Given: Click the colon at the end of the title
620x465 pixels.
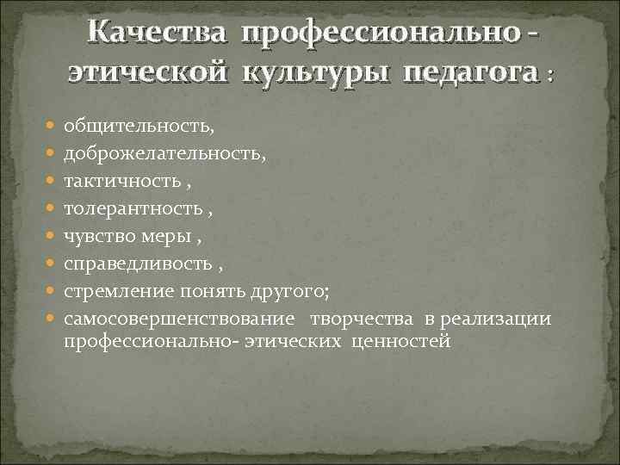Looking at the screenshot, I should pos(549,77).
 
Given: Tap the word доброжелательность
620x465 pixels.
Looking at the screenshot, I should pos(164,154).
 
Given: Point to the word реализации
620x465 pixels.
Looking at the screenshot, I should pos(495,319).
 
